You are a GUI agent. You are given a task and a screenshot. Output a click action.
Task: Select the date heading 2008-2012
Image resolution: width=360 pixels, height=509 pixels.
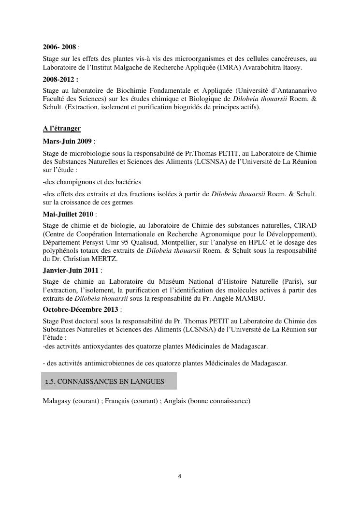(60, 79)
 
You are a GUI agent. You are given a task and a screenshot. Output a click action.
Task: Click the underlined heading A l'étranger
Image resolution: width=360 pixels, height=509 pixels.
(61, 128)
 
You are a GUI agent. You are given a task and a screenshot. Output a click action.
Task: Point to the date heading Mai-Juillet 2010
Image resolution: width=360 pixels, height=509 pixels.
(68, 214)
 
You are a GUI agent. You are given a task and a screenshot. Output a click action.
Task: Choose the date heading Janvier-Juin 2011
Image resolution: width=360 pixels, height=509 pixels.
(71, 270)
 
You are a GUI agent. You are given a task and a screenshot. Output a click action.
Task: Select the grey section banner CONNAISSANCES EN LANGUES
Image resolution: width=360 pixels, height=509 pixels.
(109, 381)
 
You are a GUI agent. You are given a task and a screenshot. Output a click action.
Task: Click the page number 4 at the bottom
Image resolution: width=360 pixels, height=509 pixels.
(180, 476)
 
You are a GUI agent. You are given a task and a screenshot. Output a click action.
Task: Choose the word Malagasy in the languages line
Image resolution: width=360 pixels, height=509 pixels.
(57, 401)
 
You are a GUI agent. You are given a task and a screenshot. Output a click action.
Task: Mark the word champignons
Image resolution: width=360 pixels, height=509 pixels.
(72, 182)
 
